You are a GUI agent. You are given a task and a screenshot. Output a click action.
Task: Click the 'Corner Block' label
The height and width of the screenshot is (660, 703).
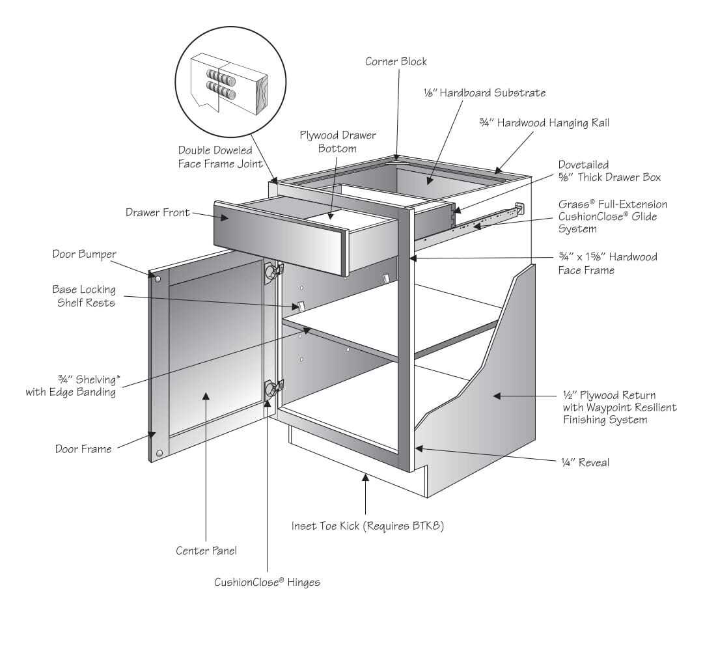pos(396,62)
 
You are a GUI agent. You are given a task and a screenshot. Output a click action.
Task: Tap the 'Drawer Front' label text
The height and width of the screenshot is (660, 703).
pos(158,213)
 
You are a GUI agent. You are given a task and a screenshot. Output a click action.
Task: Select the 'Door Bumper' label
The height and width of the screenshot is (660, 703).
pos(83,254)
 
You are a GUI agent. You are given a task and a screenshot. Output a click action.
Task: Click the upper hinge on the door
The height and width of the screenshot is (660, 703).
pos(271,272)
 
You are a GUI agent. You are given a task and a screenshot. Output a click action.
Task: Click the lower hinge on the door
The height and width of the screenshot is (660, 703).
pos(271,389)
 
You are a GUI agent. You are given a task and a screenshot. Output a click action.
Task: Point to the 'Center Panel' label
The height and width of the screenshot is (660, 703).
pos(206,551)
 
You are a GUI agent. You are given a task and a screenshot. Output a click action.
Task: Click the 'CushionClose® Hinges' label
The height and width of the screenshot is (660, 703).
pos(267,582)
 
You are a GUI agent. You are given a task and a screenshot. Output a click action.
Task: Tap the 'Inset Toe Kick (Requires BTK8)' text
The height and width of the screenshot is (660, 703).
pos(367,526)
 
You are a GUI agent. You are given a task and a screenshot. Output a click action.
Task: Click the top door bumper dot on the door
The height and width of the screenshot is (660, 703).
pos(157,278)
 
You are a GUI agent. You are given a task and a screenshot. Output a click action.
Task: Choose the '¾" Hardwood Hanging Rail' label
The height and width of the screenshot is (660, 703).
pos(544,122)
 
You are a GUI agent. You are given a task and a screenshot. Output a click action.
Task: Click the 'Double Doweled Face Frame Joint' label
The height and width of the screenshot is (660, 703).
pos(221,158)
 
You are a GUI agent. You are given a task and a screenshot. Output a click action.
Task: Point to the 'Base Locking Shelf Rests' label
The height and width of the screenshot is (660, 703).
pos(84,296)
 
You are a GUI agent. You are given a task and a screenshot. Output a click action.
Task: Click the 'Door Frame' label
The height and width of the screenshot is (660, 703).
pos(83,448)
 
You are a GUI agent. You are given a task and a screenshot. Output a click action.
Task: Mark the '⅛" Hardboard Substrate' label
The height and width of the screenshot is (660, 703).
pos(484,93)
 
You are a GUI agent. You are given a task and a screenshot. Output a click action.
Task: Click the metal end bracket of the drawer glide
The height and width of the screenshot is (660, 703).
pos(519,209)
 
